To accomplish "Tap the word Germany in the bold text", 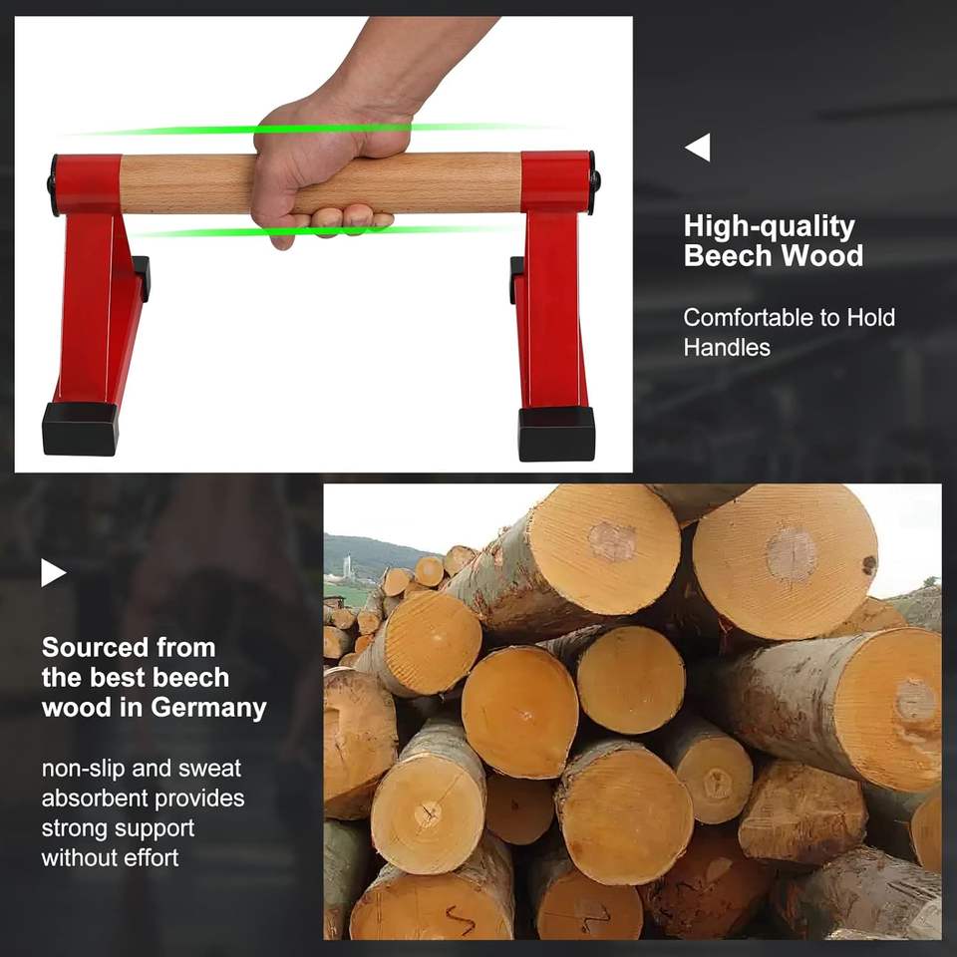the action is pos(208,708).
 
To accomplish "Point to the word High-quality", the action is pos(769,227).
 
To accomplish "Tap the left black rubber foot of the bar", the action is pos(80,429).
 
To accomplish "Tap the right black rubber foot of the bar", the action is pos(556,434).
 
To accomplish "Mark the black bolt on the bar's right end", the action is pos(596,181).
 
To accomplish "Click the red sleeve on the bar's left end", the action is pos(89,184).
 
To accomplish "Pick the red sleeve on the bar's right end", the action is pos(555,181).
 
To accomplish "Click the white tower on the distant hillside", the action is pos(347,566).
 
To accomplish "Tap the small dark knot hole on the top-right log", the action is pos(869,565).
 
